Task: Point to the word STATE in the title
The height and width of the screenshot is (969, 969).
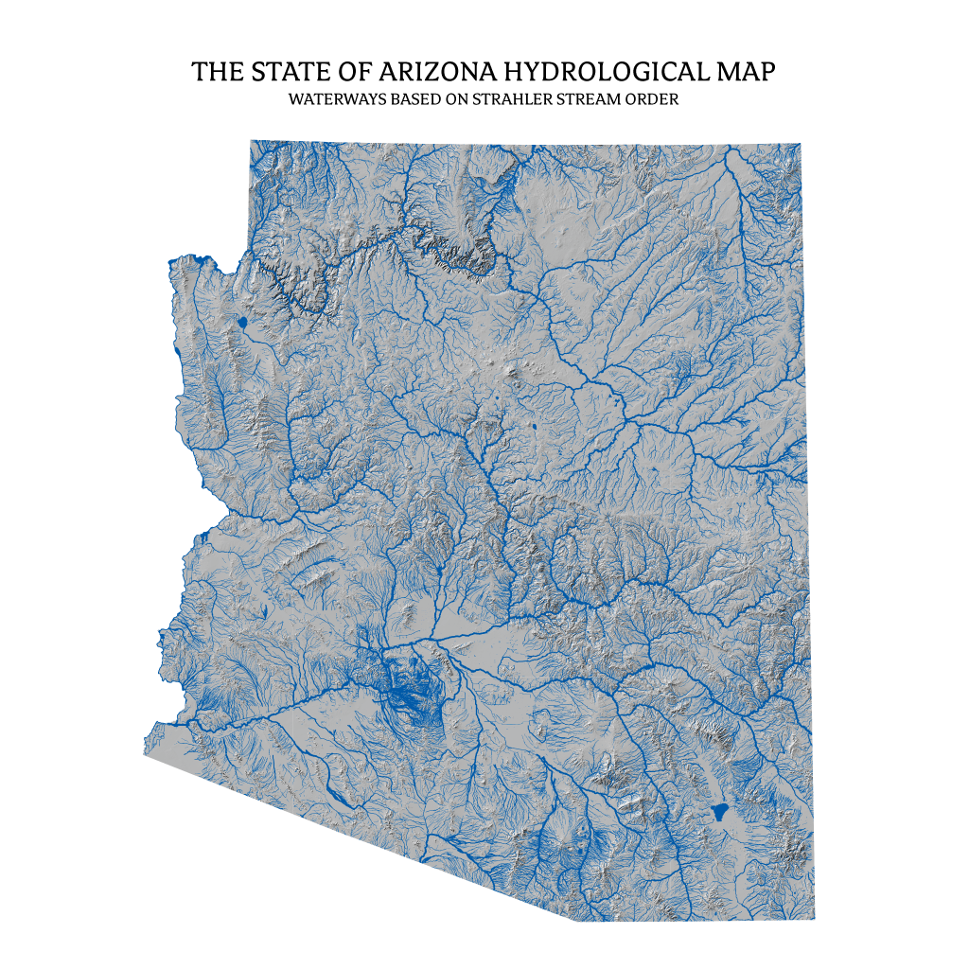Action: pyautogui.click(x=276, y=72)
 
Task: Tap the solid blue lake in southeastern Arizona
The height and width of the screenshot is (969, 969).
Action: pyautogui.click(x=719, y=811)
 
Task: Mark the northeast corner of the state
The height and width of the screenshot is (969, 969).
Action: pyautogui.click(x=801, y=144)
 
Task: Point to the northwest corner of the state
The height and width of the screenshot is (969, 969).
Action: pyautogui.click(x=251, y=141)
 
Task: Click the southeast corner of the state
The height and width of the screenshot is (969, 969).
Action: pyautogui.click(x=814, y=919)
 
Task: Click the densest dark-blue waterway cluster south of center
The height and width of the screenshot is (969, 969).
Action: pyautogui.click(x=407, y=696)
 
